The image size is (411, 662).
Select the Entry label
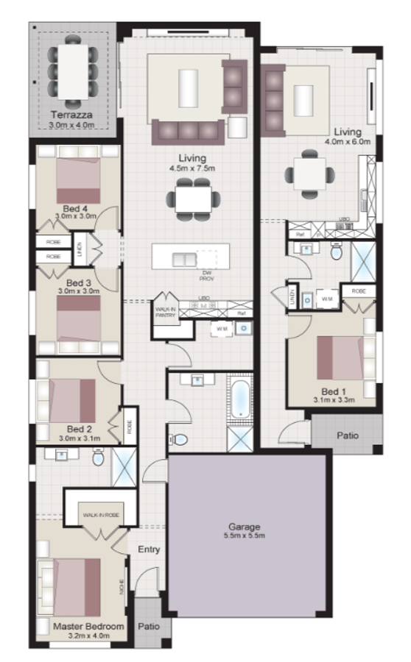tap(149, 549)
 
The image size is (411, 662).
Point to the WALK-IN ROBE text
tap(100, 515)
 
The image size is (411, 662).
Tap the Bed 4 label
tap(77, 208)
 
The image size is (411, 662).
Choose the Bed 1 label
tap(334, 391)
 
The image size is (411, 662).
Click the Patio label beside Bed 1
tap(348, 435)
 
